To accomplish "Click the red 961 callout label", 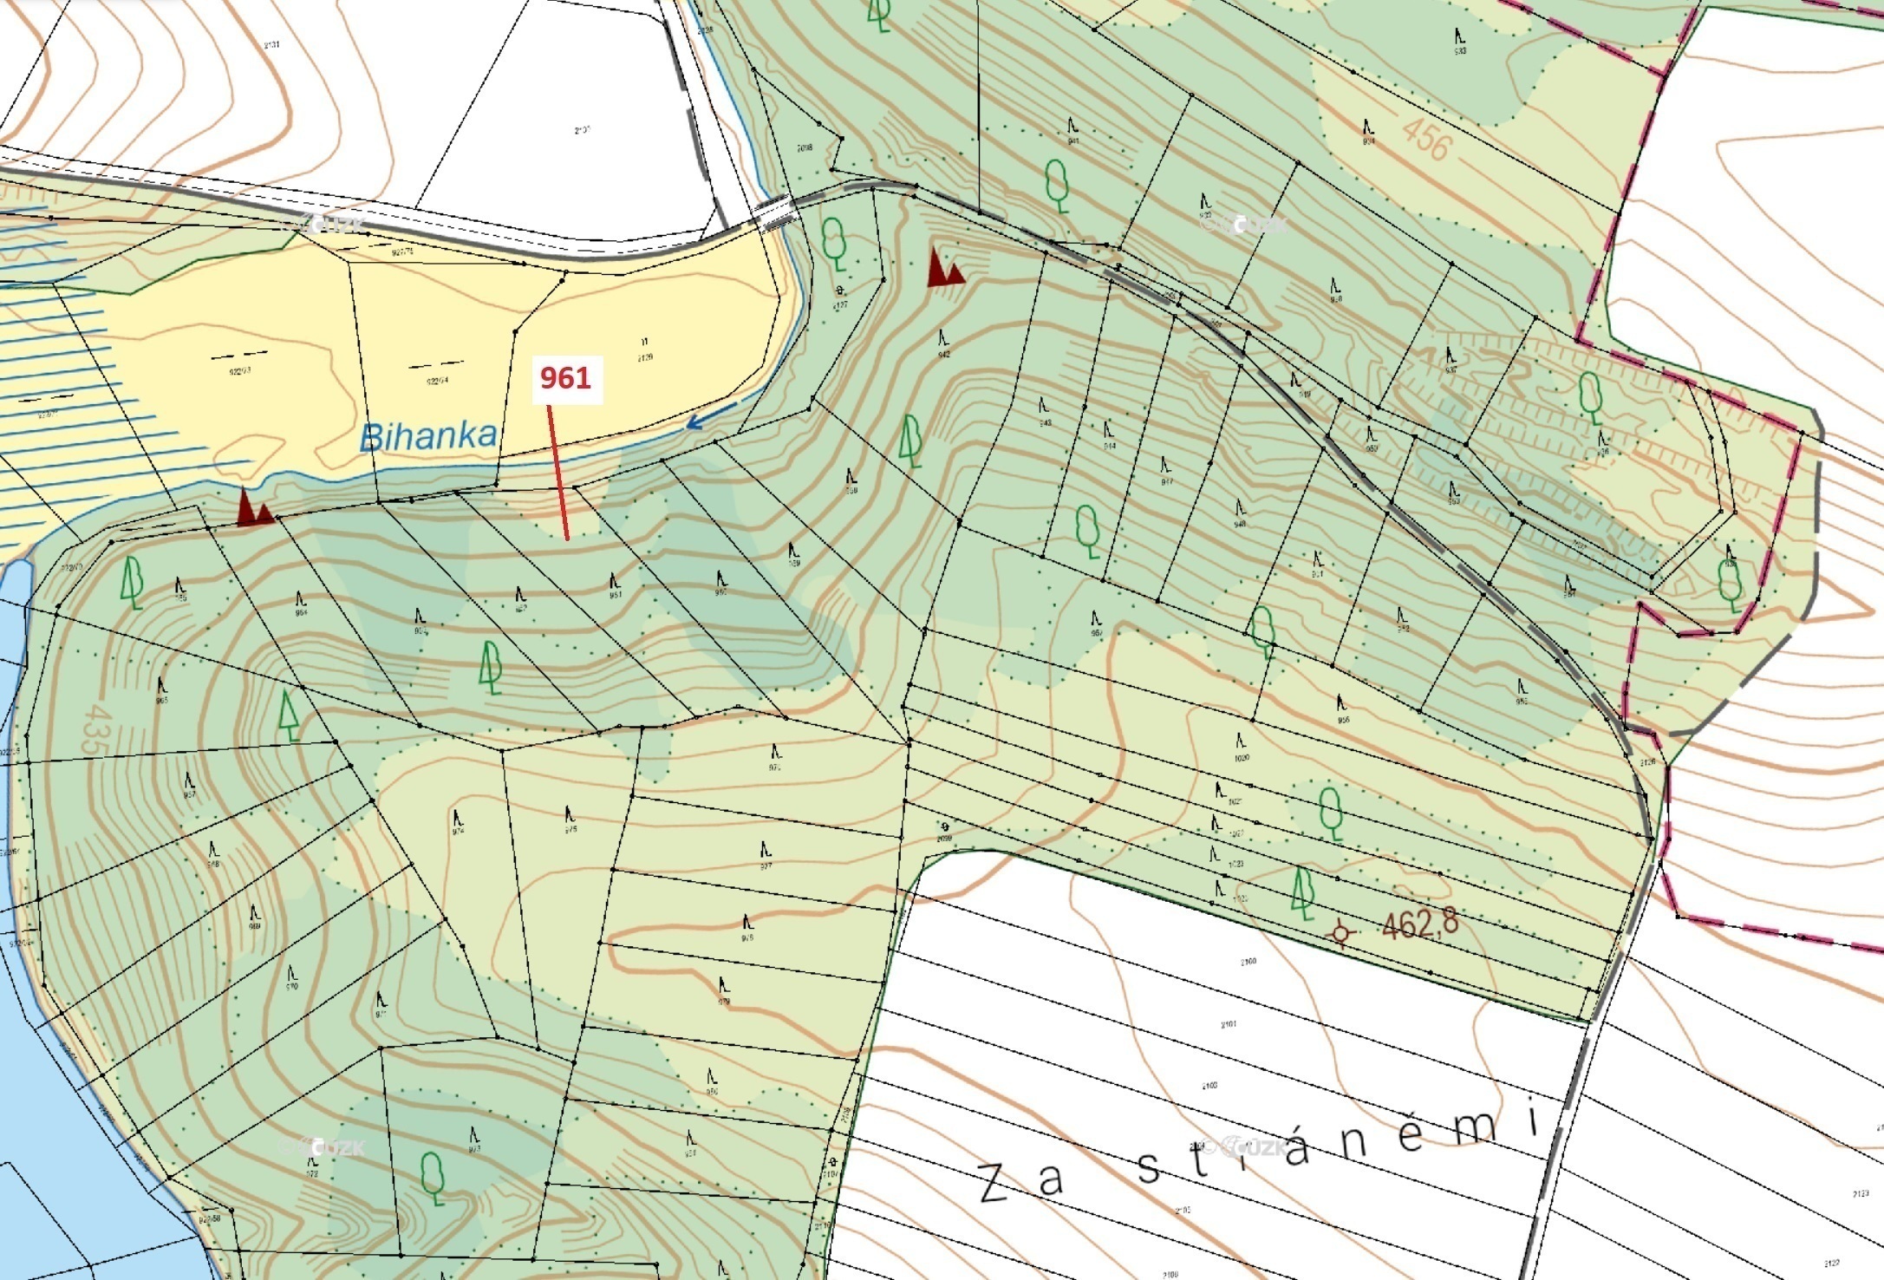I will pyautogui.click(x=566, y=378).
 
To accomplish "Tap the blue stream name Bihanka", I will pyautogui.click(x=428, y=436).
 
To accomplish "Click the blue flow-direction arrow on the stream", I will pyautogui.click(x=711, y=415).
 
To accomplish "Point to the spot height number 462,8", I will pyautogui.click(x=1420, y=924).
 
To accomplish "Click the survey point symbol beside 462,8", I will pyautogui.click(x=1341, y=933).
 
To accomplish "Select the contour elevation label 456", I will pyautogui.click(x=1426, y=140).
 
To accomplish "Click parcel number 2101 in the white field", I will pyautogui.click(x=1228, y=1024).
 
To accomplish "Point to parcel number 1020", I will pyautogui.click(x=1242, y=757).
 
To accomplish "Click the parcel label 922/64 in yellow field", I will pyautogui.click(x=437, y=380).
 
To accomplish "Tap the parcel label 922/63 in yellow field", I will pyautogui.click(x=240, y=370).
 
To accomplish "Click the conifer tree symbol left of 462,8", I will pyautogui.click(x=1301, y=892).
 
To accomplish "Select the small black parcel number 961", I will pyautogui.click(x=616, y=595).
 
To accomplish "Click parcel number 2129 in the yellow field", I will pyautogui.click(x=645, y=356).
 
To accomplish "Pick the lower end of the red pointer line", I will pyautogui.click(x=567, y=539).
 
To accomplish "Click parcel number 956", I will pyautogui.click(x=1343, y=719).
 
